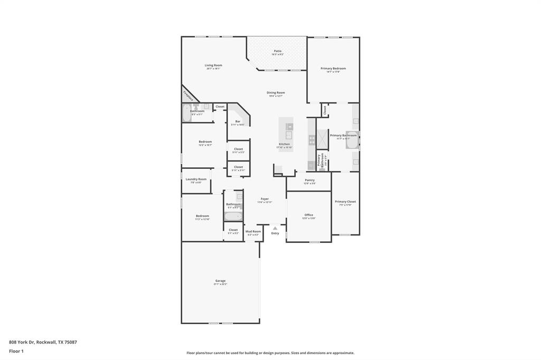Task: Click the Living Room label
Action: [213, 65]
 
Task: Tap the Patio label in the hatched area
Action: [277, 51]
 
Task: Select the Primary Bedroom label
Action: [333, 69]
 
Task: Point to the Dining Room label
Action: [276, 93]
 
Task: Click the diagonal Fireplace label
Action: [188, 96]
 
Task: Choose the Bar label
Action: [238, 121]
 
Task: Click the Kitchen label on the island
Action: [284, 144]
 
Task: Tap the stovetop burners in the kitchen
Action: [312, 140]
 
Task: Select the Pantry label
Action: [310, 180]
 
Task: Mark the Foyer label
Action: [265, 199]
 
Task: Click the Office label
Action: [309, 215]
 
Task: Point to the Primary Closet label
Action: [345, 202]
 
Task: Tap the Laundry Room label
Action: [196, 179]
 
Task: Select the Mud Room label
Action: [253, 231]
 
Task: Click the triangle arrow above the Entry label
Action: [275, 228]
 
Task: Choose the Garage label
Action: [220, 281]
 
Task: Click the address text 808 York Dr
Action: [43, 342]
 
